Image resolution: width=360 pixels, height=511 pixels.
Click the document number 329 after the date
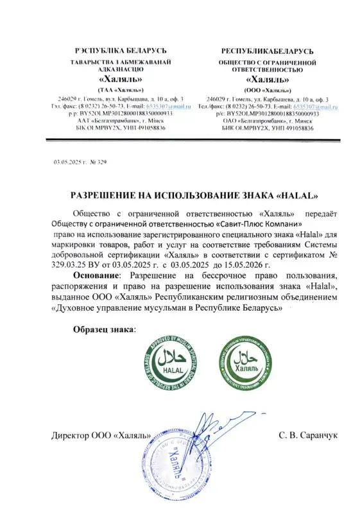(100, 161)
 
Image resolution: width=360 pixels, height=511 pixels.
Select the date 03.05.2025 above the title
(69, 161)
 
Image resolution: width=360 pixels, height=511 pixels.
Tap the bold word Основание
(98, 275)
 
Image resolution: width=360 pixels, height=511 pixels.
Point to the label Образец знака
(105, 329)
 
